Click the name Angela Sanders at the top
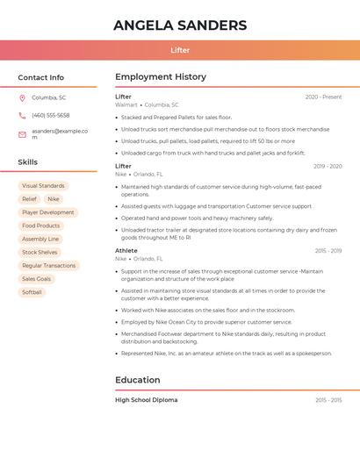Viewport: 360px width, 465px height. pos(180,25)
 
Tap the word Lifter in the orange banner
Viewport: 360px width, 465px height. pos(180,50)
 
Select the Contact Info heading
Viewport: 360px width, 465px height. pos(41,77)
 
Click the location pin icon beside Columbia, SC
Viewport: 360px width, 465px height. pos(22,98)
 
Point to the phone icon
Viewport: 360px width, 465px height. pos(22,116)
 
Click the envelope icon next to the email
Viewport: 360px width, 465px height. pos(22,134)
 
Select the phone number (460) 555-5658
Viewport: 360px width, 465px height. pos(51,116)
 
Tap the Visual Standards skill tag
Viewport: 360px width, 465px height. pos(43,186)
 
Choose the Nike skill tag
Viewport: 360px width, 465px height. pos(54,199)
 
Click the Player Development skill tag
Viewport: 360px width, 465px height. pos(48,212)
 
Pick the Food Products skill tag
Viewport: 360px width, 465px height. pos(41,225)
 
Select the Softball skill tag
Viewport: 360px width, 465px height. pos(32,292)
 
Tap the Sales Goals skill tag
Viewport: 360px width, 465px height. pos(37,279)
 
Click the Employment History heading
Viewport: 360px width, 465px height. pos(161,77)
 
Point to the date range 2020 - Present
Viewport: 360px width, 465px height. pos(323,97)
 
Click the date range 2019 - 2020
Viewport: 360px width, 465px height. pos(328,166)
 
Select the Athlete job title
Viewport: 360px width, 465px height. pos(126,251)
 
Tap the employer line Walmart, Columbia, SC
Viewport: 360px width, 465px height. pos(147,104)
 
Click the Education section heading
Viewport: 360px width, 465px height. pos(138,380)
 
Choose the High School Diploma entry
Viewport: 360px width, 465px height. pos(147,400)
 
